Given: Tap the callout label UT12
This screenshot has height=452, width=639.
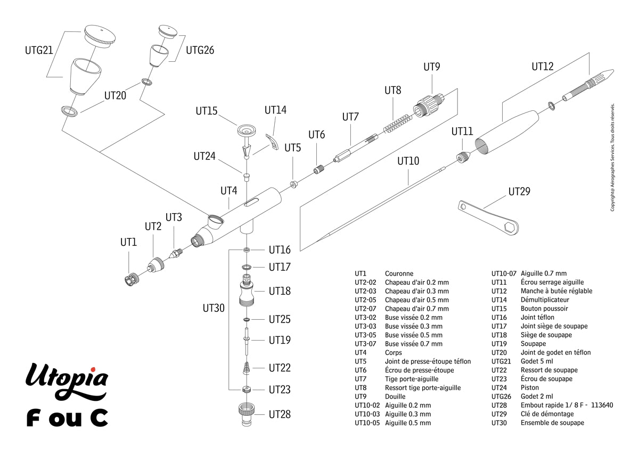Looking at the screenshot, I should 543,67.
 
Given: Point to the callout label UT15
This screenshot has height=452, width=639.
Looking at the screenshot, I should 207,111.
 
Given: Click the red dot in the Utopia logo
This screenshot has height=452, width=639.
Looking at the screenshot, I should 92,369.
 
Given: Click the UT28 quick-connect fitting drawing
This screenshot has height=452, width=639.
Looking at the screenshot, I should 247,415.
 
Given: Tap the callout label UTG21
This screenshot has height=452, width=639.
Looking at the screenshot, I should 39,51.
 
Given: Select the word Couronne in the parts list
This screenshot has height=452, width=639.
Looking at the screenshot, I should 399,273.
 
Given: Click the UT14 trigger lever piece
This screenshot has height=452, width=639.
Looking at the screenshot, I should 273,141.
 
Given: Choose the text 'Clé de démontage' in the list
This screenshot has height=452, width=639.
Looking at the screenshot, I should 547,414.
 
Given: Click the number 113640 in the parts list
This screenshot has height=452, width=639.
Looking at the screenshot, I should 602,405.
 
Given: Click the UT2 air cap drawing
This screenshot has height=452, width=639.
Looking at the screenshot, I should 157,264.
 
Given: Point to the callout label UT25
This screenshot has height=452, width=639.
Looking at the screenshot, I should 280,319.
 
